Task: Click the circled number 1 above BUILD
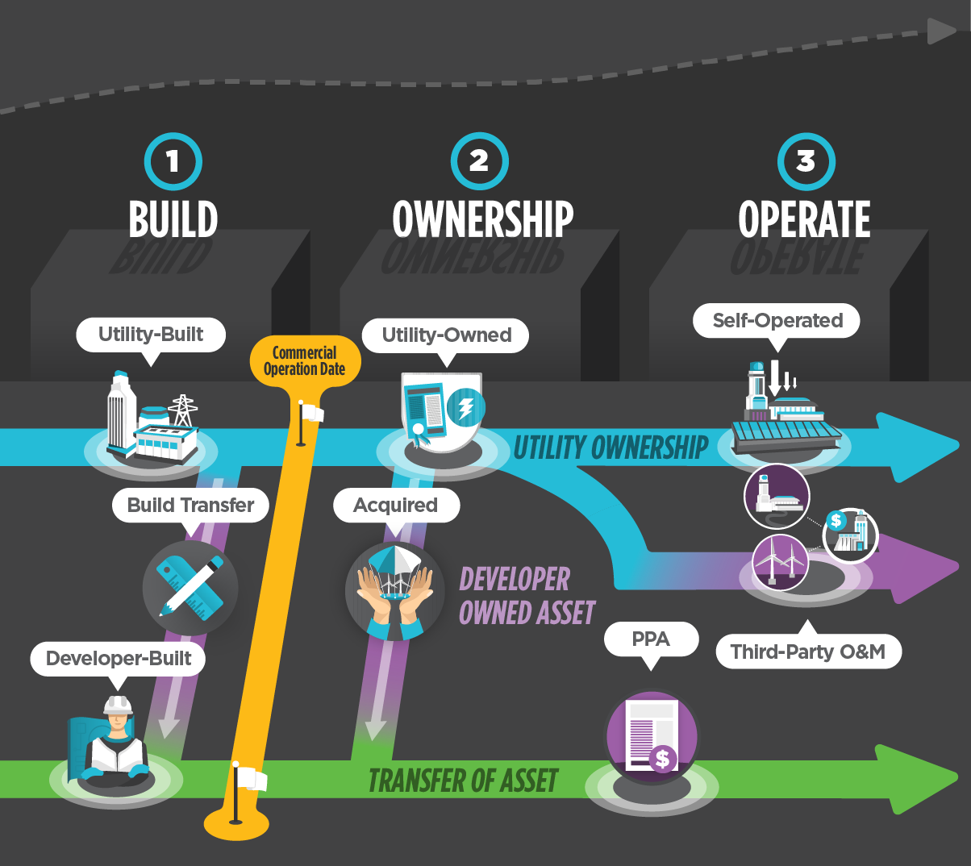tap(173, 161)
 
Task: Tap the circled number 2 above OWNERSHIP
tap(479, 161)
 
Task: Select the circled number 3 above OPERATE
tap(806, 161)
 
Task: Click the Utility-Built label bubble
tap(151, 335)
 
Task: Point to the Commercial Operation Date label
tap(305, 361)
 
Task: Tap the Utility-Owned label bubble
tap(446, 335)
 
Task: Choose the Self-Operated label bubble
tap(777, 321)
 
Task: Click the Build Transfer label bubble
tap(190, 506)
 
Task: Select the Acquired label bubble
tap(396, 506)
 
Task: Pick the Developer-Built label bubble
tap(119, 659)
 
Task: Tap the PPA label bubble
tap(651, 639)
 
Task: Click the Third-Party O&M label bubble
tap(808, 652)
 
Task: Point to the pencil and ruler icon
tap(190, 586)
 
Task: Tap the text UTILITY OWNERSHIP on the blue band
tap(611, 448)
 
